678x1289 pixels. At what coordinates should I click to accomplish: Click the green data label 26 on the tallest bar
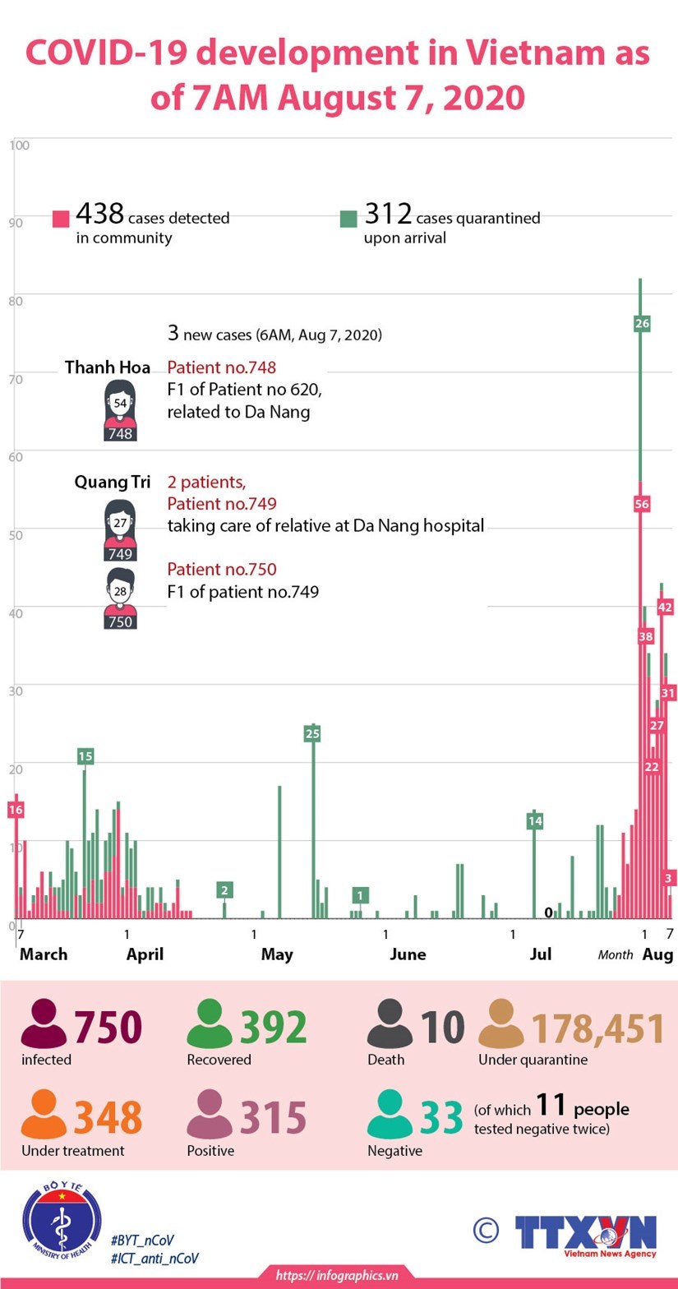[642, 323]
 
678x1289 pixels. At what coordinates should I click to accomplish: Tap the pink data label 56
[642, 504]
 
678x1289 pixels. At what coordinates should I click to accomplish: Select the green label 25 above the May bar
[311, 733]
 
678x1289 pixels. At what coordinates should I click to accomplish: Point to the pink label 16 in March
[15, 810]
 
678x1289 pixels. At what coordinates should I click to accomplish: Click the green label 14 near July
[535, 820]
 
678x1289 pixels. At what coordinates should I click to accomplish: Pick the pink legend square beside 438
[61, 219]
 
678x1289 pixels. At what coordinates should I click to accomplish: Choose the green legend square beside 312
[348, 219]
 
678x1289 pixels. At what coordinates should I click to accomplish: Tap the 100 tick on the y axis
[20, 146]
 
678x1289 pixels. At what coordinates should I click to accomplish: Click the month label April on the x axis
[145, 954]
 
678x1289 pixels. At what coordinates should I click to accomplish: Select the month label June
[408, 954]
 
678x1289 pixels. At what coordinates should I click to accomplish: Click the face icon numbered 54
[120, 404]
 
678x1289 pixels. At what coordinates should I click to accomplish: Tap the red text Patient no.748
[221, 367]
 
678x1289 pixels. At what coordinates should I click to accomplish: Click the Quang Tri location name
[112, 482]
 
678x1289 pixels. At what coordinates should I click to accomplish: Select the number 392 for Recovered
[274, 1028]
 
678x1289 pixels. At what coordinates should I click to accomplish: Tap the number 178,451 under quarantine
[597, 1028]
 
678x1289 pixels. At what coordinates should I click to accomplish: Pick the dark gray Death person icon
[390, 1023]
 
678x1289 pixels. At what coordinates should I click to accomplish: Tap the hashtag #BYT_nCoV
[141, 1240]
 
